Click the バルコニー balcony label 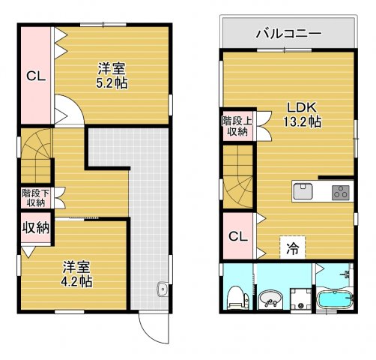(288, 33)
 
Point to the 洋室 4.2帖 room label (76, 274)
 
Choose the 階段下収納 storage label (33, 197)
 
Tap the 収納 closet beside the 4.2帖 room (34, 227)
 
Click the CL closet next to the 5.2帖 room (34, 76)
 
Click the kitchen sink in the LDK (304, 191)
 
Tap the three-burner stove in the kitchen (341, 191)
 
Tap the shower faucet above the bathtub (345, 274)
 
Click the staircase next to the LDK (238, 180)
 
